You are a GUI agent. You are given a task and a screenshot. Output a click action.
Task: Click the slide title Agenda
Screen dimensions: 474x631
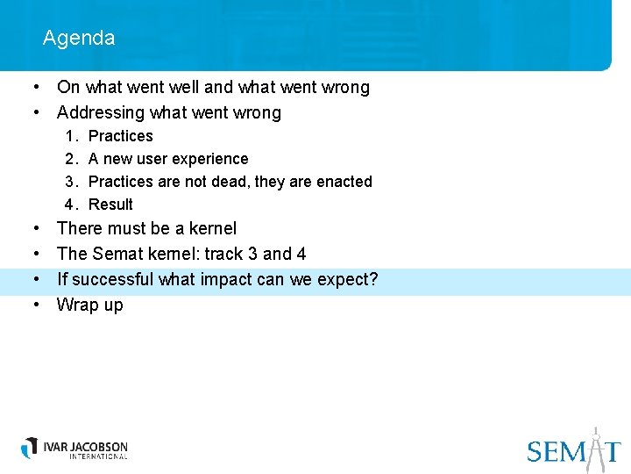(79, 39)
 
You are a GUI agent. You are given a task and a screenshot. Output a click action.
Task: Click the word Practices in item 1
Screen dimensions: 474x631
(121, 136)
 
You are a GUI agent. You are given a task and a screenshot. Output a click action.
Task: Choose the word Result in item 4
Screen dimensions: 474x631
(111, 205)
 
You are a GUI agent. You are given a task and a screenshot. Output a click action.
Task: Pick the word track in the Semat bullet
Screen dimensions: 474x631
(224, 254)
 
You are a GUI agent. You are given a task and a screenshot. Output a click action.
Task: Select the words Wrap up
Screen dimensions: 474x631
(90, 305)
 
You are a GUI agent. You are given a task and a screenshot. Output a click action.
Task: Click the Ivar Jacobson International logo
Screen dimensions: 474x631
(75, 449)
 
